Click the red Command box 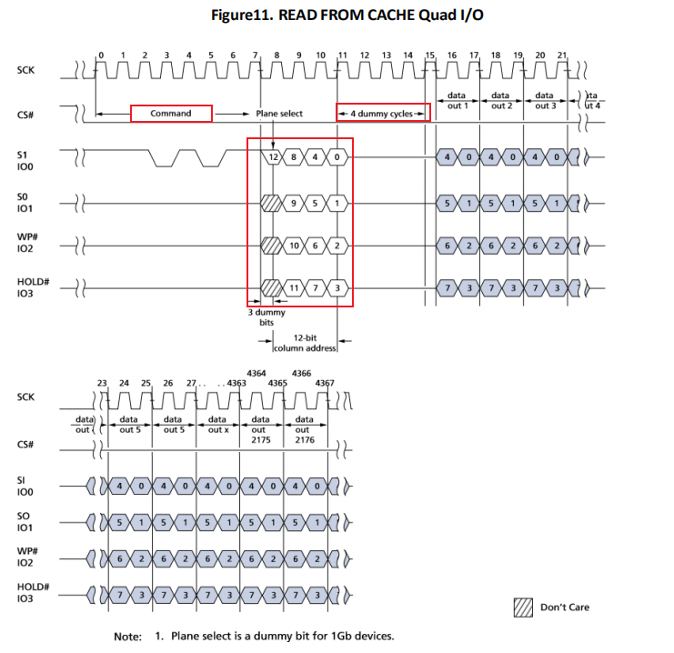pos(171,114)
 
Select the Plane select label pos(278,114)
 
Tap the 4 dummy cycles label pos(382,114)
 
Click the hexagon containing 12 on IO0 pos(272,156)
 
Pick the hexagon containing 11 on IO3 pos(294,288)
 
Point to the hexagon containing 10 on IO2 pos(294,245)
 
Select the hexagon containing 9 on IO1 pos(294,201)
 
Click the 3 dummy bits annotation pos(267,317)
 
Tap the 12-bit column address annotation pos(306,343)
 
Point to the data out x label pos(218,425)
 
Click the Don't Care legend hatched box pos(523,608)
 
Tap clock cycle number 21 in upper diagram pos(561,55)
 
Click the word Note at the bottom pos(127,636)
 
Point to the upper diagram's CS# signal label pos(25,115)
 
